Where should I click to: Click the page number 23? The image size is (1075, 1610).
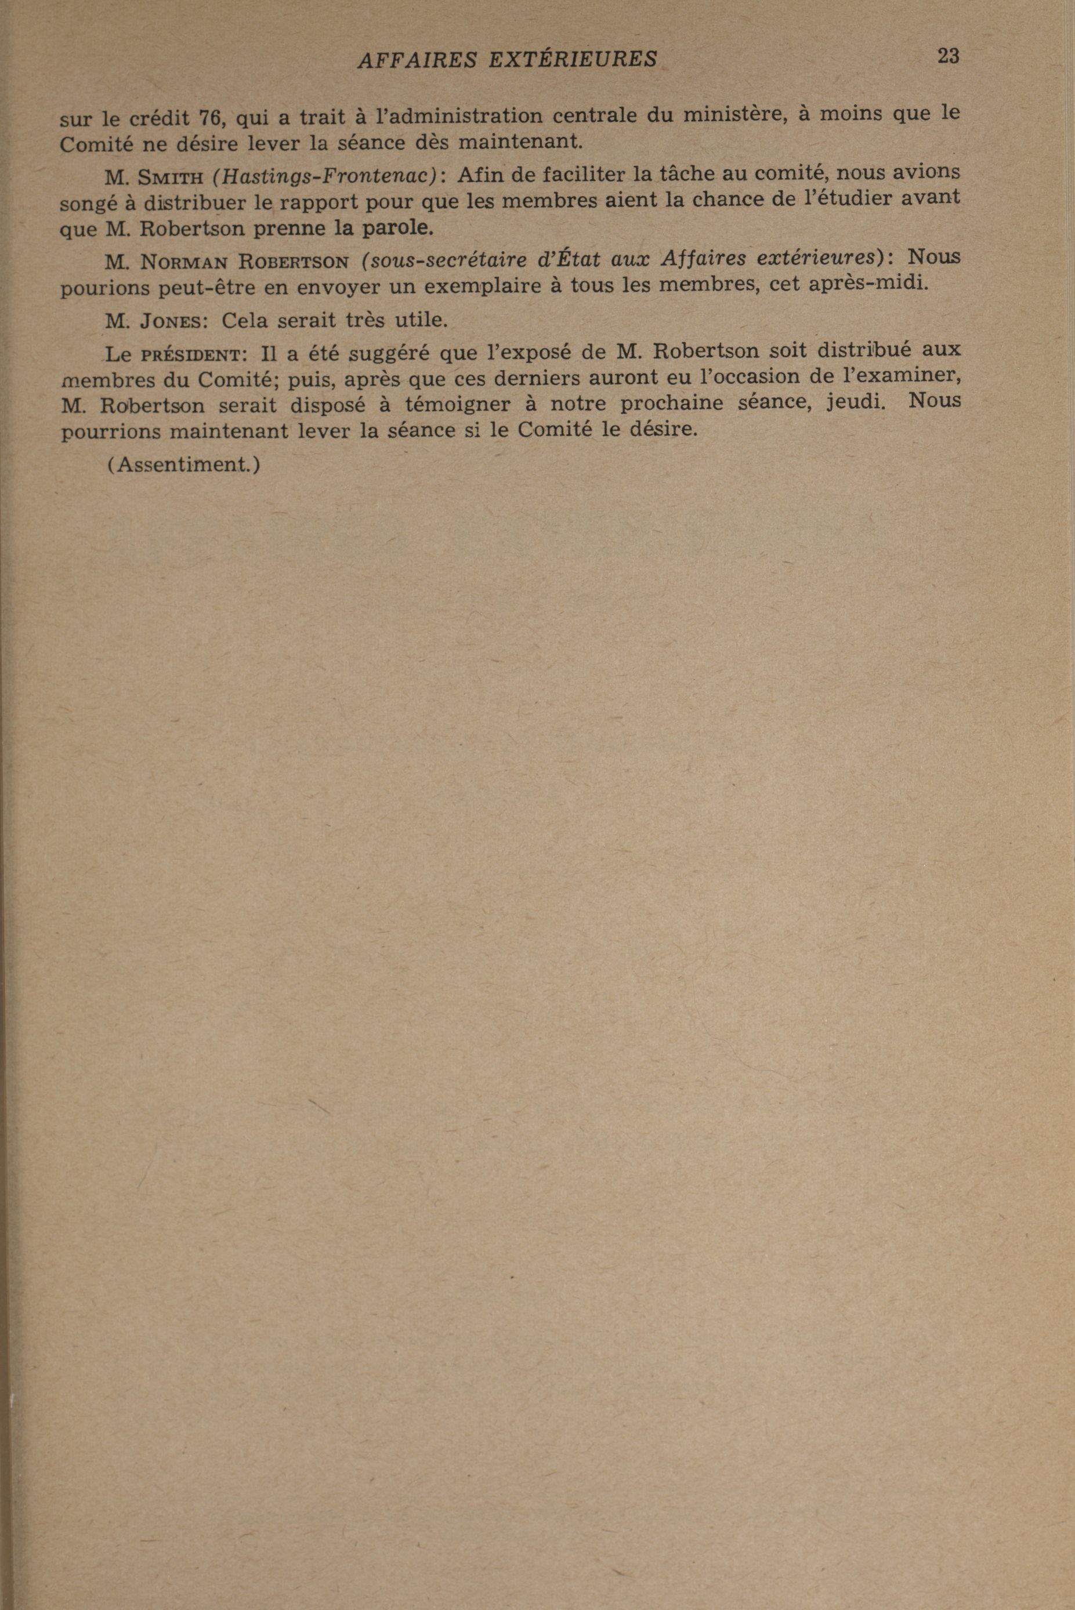tap(947, 56)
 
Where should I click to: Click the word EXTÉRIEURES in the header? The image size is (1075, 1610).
tap(573, 60)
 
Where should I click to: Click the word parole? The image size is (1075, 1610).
tap(397, 227)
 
